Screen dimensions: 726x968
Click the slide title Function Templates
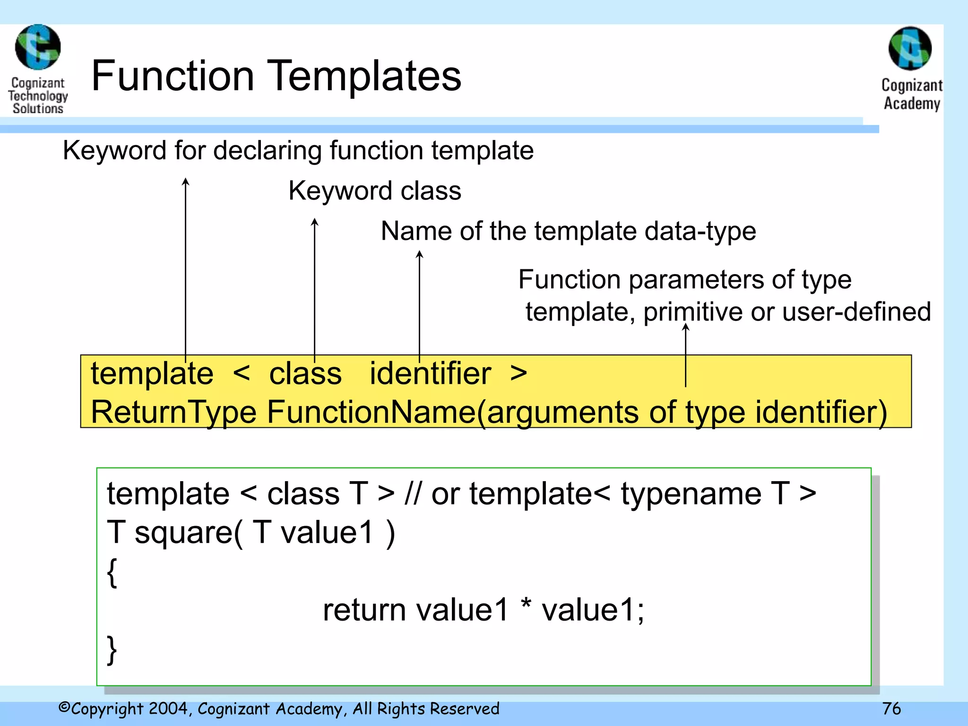tap(276, 76)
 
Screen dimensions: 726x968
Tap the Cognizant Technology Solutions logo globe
tap(38, 47)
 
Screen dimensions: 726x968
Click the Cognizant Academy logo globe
tap(910, 49)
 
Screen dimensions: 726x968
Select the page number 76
tap(891, 709)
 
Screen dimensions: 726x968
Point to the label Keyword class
tap(374, 191)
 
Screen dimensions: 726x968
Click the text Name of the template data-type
tap(568, 231)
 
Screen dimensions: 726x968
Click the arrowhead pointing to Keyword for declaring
tap(186, 181)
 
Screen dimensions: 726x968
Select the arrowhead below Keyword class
tap(315, 221)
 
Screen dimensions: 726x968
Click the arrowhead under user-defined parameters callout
tap(685, 327)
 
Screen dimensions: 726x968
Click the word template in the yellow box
tap(152, 374)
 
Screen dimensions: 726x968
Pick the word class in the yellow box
tap(305, 374)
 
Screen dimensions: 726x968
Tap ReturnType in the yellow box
tap(173, 412)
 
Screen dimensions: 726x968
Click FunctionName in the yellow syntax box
tap(372, 412)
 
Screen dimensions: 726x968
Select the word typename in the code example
tap(691, 494)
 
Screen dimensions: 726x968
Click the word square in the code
tap(184, 533)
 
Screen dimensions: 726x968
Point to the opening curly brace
tap(112, 572)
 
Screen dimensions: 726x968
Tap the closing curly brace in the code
tap(112, 649)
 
